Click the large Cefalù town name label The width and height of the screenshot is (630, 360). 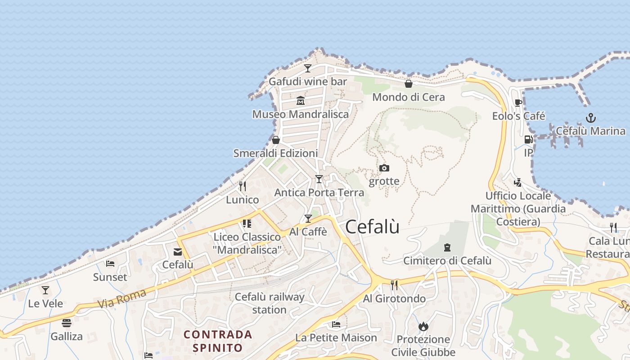pos(372,227)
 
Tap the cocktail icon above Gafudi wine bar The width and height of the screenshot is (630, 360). pos(308,68)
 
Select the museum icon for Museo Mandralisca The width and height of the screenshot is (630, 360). pos(301,100)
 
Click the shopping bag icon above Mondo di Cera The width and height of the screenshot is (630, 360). pos(409,84)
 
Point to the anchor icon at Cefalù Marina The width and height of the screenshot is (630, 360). pos(590,118)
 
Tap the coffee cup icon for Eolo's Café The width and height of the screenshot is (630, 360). pos(518,103)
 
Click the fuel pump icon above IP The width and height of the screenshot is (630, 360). pos(528,139)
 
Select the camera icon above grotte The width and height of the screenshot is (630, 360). pos(384,168)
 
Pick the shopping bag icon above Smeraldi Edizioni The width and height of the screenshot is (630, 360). pos(275,140)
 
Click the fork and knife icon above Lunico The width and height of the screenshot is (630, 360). pos(243,186)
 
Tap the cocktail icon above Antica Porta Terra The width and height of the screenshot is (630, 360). pos(319,179)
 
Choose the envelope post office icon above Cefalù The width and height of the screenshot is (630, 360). pos(178,252)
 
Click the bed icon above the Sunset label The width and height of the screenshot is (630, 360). pos(110,264)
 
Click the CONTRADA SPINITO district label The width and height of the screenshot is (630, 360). pos(218,341)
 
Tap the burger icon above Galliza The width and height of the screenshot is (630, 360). pos(67,323)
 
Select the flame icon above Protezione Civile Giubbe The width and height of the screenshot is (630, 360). pos(423,326)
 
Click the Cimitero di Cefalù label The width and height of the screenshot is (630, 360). pos(447,261)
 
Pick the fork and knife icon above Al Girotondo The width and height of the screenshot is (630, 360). pos(394,285)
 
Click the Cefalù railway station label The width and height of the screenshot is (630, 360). pos(270,303)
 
